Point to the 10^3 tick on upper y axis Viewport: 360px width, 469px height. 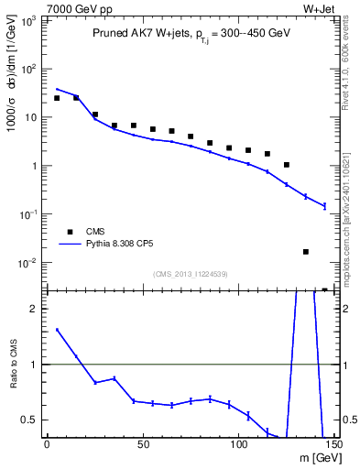pyautogui.click(x=31, y=20)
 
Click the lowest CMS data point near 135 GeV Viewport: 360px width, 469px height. pyautogui.click(x=306, y=251)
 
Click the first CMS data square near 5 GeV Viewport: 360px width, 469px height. pyautogui.click(x=57, y=98)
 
